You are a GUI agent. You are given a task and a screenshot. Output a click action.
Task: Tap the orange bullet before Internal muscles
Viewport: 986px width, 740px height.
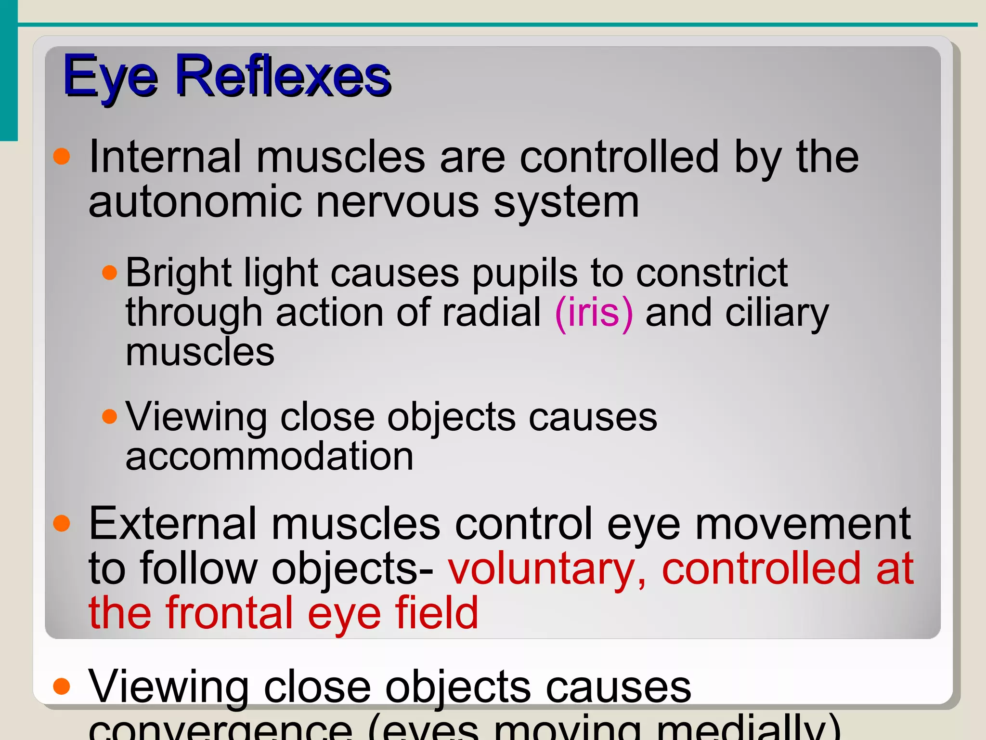(x=62, y=157)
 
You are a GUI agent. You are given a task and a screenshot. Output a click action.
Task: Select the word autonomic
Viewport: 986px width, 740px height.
(x=195, y=202)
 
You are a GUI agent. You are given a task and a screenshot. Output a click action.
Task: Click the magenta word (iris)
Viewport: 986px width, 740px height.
(x=594, y=313)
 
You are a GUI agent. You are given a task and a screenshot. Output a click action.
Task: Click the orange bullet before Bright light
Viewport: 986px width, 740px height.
(x=110, y=273)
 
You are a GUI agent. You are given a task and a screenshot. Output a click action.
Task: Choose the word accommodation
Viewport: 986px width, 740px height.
(x=269, y=456)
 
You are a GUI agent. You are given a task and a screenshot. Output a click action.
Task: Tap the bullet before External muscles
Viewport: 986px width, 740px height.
(x=62, y=523)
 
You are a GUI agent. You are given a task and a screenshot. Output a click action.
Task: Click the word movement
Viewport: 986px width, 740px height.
(x=803, y=524)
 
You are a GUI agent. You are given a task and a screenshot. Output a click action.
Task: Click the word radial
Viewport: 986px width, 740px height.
(x=492, y=313)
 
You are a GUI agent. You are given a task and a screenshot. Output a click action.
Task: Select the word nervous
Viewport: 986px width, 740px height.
(x=397, y=202)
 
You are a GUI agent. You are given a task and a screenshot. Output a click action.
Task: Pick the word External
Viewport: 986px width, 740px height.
(x=172, y=524)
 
